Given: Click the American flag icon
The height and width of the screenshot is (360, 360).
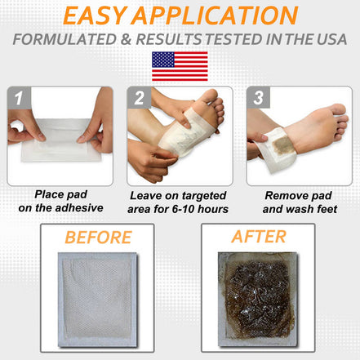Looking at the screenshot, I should (180, 65).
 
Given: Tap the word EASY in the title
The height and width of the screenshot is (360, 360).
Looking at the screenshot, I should (99, 16).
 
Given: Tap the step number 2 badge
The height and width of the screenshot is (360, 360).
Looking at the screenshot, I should (140, 100).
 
